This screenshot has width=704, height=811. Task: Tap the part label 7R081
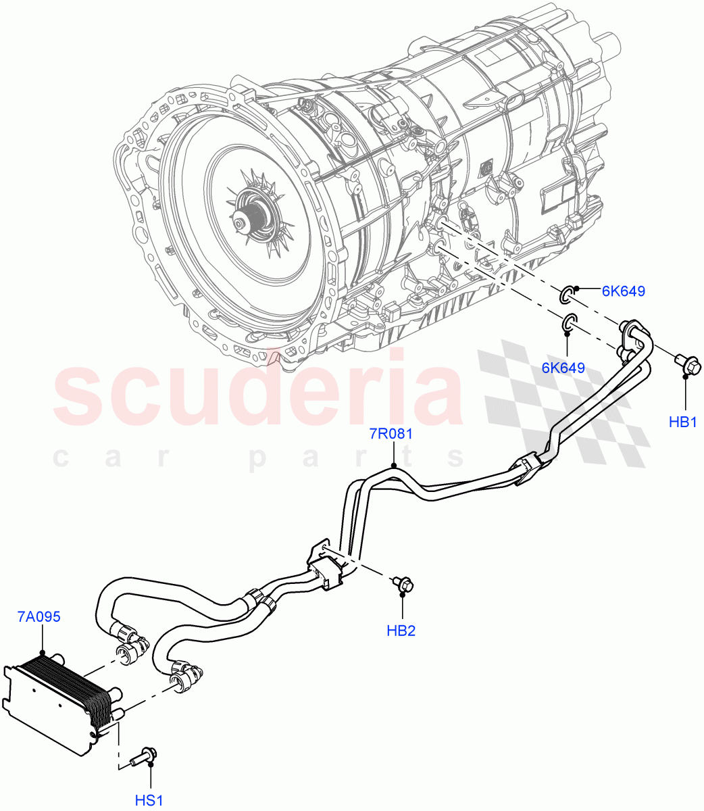(391, 434)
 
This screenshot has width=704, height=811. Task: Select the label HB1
(682, 422)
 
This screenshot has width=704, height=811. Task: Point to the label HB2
(401, 631)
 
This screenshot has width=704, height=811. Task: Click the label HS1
(149, 800)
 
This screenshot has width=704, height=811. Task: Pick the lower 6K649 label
(563, 368)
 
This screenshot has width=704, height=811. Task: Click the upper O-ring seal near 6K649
(566, 293)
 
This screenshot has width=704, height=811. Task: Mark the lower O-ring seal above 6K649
(568, 322)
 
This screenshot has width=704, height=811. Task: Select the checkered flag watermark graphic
(564, 405)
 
